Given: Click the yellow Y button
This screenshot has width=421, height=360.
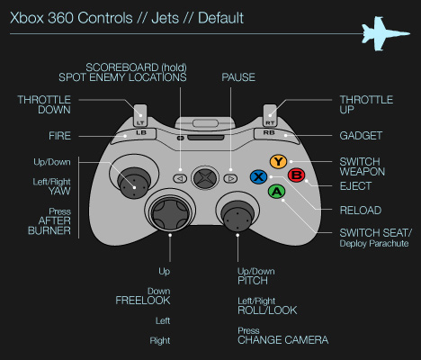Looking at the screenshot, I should coord(278,162).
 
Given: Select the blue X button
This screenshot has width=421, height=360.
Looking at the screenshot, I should coord(259,176).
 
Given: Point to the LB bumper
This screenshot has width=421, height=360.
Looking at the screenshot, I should coord(140,133).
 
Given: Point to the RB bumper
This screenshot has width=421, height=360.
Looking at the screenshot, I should coord(267,133).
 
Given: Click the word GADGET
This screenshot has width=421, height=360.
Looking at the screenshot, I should coord(360,136).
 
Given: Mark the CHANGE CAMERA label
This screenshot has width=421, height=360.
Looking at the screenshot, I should coord(282,340).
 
